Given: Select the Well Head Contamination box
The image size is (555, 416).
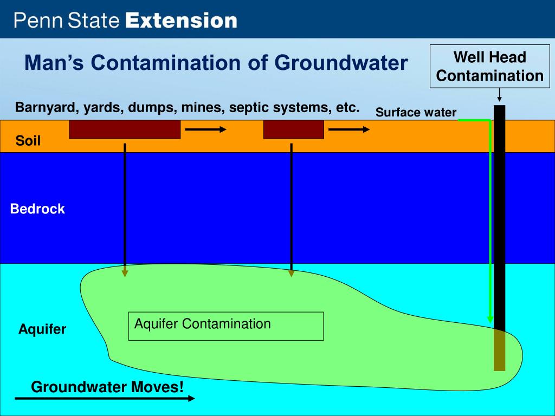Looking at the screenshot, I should click(490, 67).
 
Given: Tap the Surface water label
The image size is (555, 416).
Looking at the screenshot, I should click(416, 113).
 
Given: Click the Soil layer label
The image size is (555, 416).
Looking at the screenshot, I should click(28, 142).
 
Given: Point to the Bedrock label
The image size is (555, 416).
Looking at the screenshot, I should click(37, 209).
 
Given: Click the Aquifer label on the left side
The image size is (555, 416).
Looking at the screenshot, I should click(42, 329).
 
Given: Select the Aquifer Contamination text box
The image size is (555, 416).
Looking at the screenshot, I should click(225, 326).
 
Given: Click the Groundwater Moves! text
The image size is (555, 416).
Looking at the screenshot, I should click(107, 387).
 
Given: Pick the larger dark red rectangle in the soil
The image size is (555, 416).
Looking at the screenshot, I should click(125, 129).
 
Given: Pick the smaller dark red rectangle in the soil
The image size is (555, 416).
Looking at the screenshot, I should click(293, 129).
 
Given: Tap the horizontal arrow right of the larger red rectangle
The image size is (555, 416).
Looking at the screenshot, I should click(205, 129).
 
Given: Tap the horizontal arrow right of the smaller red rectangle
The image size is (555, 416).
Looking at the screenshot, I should click(350, 129).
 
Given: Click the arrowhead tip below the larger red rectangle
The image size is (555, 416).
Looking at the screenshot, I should click(125, 274).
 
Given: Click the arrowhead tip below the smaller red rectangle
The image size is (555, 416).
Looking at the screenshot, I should click(291, 274).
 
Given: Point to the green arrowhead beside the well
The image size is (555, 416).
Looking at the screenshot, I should click(491, 320).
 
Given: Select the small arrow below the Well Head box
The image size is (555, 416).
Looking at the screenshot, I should click(499, 96).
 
